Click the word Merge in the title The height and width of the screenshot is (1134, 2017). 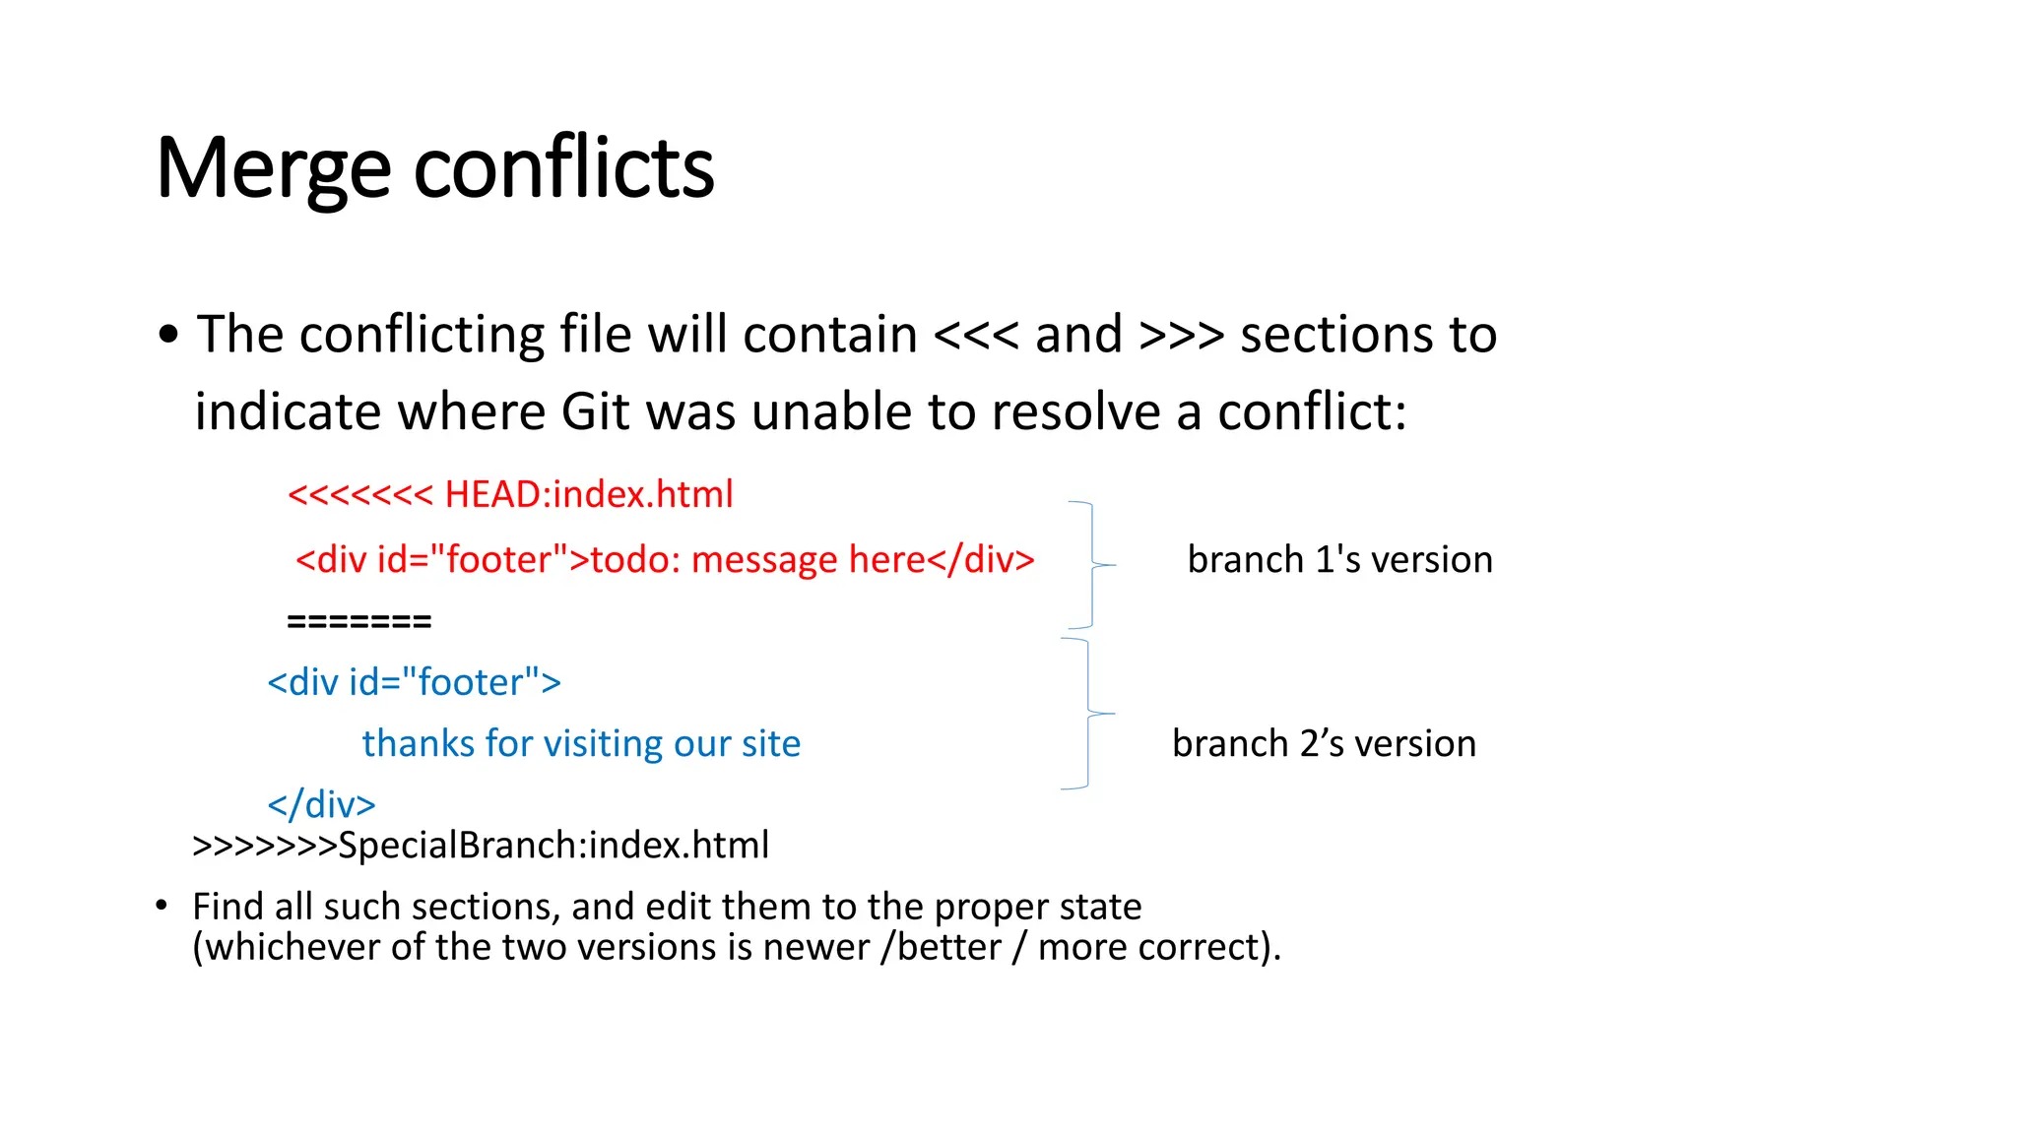click(273, 169)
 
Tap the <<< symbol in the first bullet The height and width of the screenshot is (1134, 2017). click(975, 335)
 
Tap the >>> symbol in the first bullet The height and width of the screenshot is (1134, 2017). click(1181, 335)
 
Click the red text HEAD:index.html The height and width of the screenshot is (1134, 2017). click(588, 494)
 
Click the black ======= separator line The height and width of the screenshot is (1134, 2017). click(358, 621)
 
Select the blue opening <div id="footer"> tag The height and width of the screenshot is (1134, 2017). click(414, 682)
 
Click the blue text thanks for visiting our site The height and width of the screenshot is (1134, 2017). click(581, 743)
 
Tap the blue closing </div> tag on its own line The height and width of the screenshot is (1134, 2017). click(321, 804)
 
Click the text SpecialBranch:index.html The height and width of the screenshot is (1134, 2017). click(553, 846)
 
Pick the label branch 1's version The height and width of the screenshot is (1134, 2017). click(1339, 560)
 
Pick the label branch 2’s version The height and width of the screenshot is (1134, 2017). click(1324, 744)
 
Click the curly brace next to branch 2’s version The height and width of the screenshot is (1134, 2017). click(1088, 713)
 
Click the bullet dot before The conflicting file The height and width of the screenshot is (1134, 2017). click(168, 335)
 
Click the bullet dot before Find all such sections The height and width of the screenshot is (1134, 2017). click(162, 905)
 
